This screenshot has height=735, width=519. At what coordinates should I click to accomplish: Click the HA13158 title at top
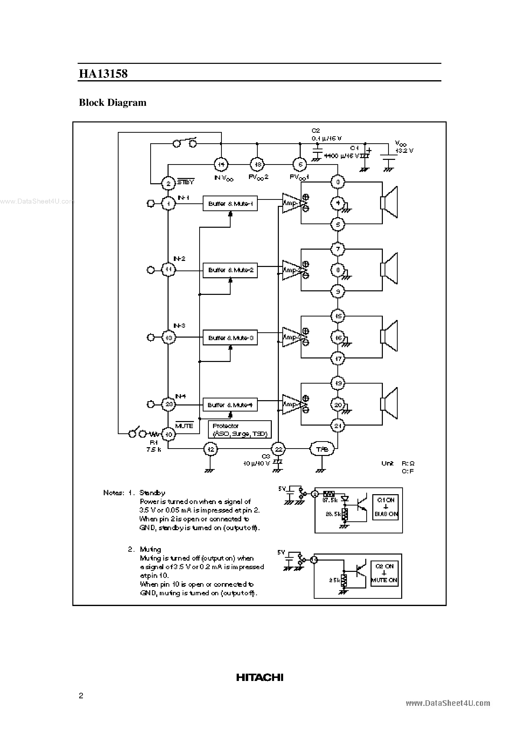coord(103,74)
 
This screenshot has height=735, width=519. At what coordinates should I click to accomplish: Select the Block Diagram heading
coord(113,103)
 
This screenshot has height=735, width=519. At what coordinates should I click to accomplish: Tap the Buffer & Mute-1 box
coord(230,204)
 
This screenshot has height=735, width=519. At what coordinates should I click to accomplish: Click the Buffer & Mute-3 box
coord(230,338)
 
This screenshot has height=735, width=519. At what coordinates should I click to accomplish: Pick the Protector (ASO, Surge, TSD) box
coord(240,430)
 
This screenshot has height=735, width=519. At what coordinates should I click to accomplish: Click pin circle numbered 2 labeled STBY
coord(168,184)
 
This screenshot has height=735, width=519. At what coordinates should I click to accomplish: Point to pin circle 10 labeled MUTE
coord(168,434)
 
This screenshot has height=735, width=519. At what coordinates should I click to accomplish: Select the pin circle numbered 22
coord(278,449)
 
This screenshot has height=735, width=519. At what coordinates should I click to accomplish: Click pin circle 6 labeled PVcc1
coord(300,165)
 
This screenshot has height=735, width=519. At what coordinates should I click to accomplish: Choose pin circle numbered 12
coord(210,449)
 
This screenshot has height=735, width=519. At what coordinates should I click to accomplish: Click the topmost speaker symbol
coord(389,202)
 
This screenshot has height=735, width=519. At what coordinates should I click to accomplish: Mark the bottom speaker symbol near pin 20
coord(389,403)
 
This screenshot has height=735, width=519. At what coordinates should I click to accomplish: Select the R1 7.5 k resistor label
coord(153,446)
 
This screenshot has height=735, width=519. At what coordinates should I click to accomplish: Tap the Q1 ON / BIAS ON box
coord(386,507)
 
